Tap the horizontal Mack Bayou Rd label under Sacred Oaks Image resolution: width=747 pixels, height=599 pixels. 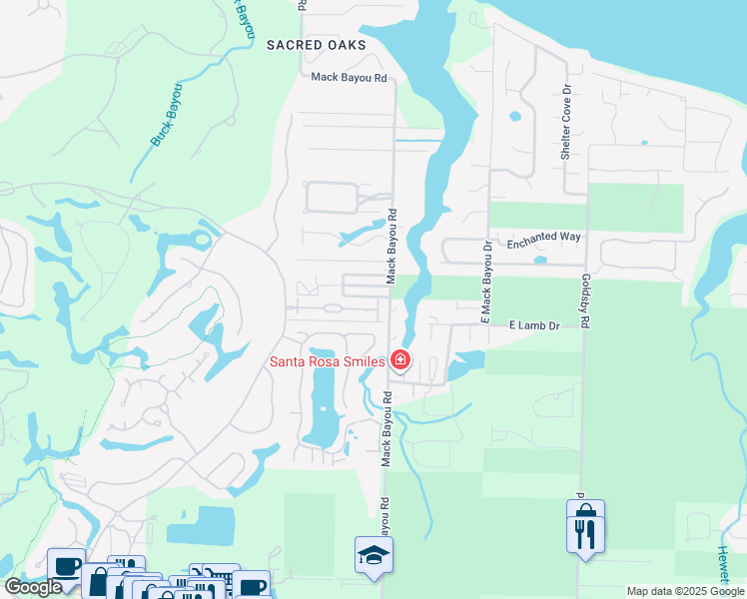(x=349, y=77)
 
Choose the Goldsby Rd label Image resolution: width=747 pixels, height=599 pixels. (x=586, y=299)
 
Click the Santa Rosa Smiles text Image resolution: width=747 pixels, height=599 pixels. (x=328, y=360)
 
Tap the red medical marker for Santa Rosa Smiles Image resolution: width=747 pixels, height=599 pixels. (x=400, y=359)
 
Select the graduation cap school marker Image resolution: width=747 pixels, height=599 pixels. (x=373, y=555)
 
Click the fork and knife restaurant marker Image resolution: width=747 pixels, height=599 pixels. (x=585, y=525)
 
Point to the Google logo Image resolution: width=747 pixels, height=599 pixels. (x=34, y=587)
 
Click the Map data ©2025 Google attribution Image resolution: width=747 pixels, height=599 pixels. (x=685, y=591)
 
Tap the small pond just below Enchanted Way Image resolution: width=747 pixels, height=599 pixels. (x=540, y=261)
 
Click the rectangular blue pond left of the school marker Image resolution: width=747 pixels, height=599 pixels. (x=200, y=526)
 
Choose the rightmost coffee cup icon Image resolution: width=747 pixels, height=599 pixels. (x=252, y=586)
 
